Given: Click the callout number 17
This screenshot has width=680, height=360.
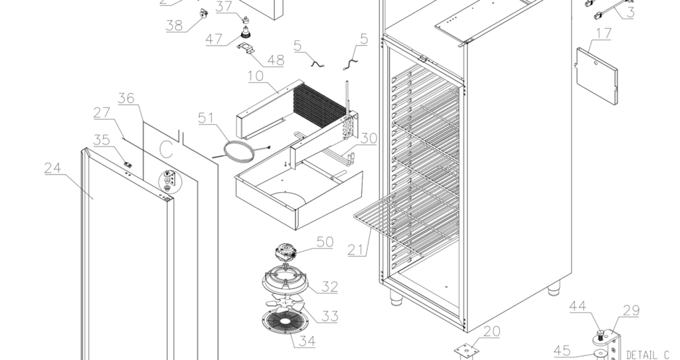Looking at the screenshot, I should click(x=604, y=34).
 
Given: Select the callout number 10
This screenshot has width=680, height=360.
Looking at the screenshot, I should click(x=257, y=76).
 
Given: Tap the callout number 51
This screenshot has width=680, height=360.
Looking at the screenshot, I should click(x=207, y=119).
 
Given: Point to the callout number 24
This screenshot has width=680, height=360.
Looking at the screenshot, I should click(x=53, y=168).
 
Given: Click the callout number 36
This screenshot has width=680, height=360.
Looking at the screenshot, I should click(x=126, y=99).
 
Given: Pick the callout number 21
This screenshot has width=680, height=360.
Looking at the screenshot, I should click(x=357, y=250).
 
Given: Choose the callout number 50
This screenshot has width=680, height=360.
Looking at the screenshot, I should click(x=324, y=242).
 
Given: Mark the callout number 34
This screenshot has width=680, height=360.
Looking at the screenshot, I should click(x=306, y=341).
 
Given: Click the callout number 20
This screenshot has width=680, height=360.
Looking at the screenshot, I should click(x=491, y=331).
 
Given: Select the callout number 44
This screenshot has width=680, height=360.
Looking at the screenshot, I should click(x=578, y=306).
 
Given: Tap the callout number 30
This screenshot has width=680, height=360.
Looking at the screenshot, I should click(x=369, y=138).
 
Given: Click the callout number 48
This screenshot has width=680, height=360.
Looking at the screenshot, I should click(x=275, y=60).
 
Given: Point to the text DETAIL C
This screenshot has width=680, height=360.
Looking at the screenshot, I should click(x=647, y=355).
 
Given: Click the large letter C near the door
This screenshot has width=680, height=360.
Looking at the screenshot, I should click(x=166, y=147).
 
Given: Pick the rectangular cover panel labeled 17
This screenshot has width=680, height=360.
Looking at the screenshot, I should click(x=597, y=74).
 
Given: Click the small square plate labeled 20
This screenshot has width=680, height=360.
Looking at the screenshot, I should click(x=466, y=349).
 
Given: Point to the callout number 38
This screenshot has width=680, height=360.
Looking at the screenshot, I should click(x=175, y=26).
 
